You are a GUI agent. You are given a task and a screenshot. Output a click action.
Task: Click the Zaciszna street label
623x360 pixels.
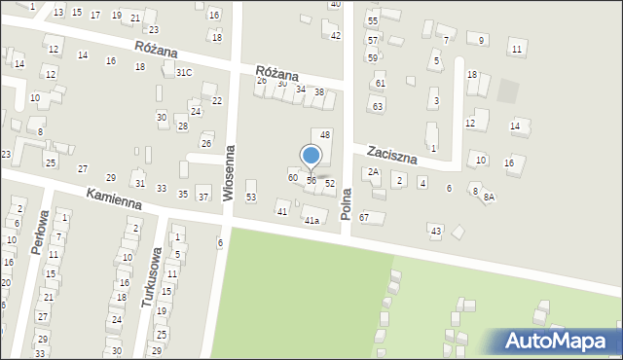pyautogui.click(x=391, y=155)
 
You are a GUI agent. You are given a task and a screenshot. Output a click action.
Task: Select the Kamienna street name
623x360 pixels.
pyautogui.click(x=114, y=199)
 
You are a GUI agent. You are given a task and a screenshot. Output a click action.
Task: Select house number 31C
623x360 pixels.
pyautogui.click(x=184, y=72)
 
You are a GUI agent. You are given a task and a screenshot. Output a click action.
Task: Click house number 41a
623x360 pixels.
pyautogui.click(x=311, y=221)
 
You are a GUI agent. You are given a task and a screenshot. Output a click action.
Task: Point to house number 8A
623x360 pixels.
pyautogui.click(x=490, y=197)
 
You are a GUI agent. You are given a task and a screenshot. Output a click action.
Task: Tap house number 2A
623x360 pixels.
pyautogui.click(x=373, y=172)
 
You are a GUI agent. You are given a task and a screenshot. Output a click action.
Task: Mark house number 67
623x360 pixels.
pyautogui.click(x=363, y=217)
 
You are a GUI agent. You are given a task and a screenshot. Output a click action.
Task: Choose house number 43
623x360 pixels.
pyautogui.click(x=435, y=230)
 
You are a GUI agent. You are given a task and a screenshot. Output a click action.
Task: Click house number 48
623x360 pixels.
pyautogui.click(x=325, y=134)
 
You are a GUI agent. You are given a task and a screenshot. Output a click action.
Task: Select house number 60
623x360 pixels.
pyautogui.click(x=292, y=177)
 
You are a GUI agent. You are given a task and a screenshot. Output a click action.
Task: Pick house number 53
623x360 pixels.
pyautogui.click(x=250, y=198)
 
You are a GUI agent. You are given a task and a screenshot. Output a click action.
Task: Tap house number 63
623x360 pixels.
pyautogui.click(x=377, y=105)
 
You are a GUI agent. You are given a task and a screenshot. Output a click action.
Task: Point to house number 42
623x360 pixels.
pyautogui.click(x=336, y=36)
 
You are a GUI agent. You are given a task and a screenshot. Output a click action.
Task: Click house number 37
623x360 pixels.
pyautogui.click(x=203, y=197)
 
